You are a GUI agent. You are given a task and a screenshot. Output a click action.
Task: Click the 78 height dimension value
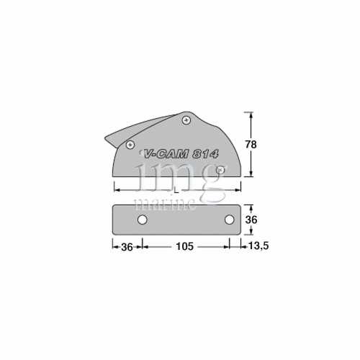pos(251,144)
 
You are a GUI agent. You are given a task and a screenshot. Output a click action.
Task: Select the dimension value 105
pos(185,246)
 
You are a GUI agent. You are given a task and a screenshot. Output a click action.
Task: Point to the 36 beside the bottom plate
pos(251,219)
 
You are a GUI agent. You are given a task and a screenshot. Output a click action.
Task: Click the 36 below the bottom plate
pos(126,246)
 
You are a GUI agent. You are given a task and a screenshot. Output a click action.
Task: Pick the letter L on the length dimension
pos(177,189)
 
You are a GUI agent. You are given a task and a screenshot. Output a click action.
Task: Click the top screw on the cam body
pos(186,120)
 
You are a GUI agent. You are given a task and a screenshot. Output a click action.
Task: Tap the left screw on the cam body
pos(130,145)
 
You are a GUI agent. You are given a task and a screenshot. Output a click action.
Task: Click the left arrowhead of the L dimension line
pos(116,189)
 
